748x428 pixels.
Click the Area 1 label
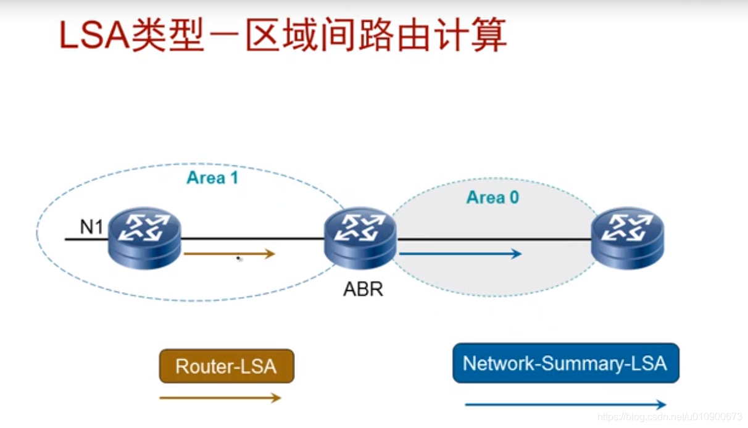(212, 178)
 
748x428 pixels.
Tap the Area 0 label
(492, 198)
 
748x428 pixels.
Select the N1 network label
(91, 228)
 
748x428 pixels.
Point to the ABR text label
(363, 289)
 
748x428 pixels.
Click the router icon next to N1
(144, 237)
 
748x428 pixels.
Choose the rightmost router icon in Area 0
(627, 237)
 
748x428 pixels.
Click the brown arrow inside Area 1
(229, 253)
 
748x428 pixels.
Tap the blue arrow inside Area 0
(460, 253)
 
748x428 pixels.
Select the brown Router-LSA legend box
(226, 366)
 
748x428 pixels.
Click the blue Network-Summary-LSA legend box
(565, 363)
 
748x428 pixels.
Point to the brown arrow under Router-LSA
(220, 398)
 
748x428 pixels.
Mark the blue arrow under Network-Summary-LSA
(565, 405)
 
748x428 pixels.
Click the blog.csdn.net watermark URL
(670, 418)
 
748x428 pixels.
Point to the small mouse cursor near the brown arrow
(239, 259)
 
